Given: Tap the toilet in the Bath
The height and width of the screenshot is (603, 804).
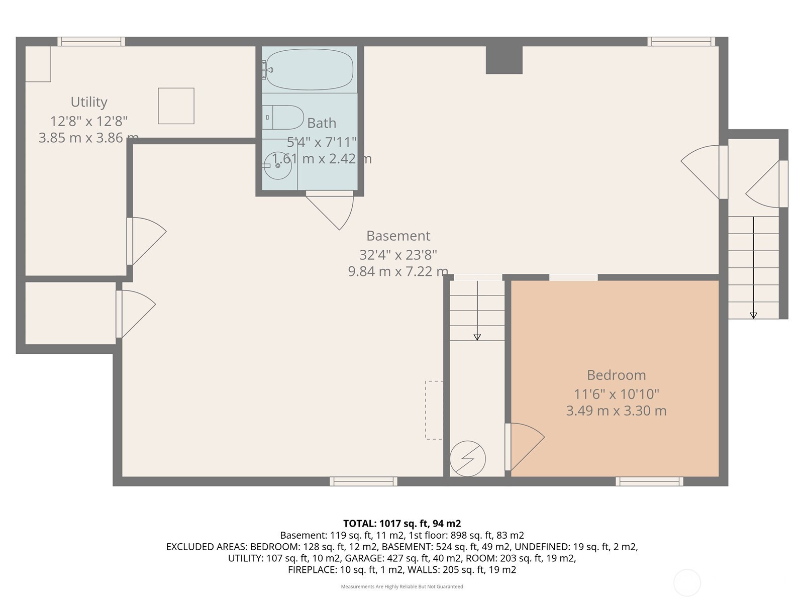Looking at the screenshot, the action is pyautogui.click(x=283, y=117).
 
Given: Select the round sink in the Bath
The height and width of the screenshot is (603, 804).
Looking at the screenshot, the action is pyautogui.click(x=277, y=165).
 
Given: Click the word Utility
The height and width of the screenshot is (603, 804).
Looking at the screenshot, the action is pyautogui.click(x=89, y=102).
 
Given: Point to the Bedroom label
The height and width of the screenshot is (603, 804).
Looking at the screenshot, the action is pyautogui.click(x=616, y=375).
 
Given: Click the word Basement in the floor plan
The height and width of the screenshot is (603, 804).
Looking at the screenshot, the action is pyautogui.click(x=398, y=236).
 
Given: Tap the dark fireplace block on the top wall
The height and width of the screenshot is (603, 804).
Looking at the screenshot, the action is pyautogui.click(x=504, y=60).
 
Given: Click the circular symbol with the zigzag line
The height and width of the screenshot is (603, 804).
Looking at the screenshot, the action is pyautogui.click(x=467, y=459).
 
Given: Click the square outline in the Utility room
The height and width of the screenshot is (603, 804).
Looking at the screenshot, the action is pyautogui.click(x=176, y=106).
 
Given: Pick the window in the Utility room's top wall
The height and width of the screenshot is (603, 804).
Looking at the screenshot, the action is pyautogui.click(x=91, y=41).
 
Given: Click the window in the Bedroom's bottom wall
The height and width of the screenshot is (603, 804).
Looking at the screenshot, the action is pyautogui.click(x=649, y=481).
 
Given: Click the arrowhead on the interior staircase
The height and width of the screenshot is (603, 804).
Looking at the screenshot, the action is pyautogui.click(x=477, y=337).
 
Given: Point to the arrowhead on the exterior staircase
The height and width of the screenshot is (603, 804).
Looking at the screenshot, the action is pyautogui.click(x=753, y=315).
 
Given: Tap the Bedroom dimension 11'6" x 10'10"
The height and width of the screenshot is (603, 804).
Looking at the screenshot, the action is pyautogui.click(x=616, y=394).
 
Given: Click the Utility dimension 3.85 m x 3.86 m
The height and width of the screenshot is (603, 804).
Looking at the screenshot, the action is pyautogui.click(x=88, y=138).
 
